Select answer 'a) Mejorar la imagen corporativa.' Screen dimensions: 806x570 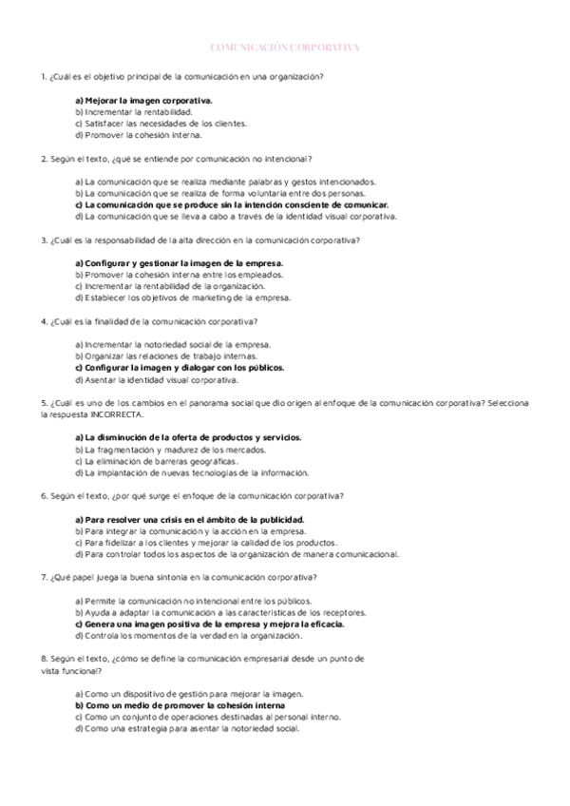pyautogui.click(x=142, y=99)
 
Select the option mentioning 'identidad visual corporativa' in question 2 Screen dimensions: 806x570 pyautogui.click(x=235, y=217)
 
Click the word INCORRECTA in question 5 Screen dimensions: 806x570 pyautogui.click(x=119, y=415)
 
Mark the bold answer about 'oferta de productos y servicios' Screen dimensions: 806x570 pyautogui.click(x=187, y=437)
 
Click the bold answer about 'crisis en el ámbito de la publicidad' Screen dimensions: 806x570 pyautogui.click(x=189, y=519)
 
